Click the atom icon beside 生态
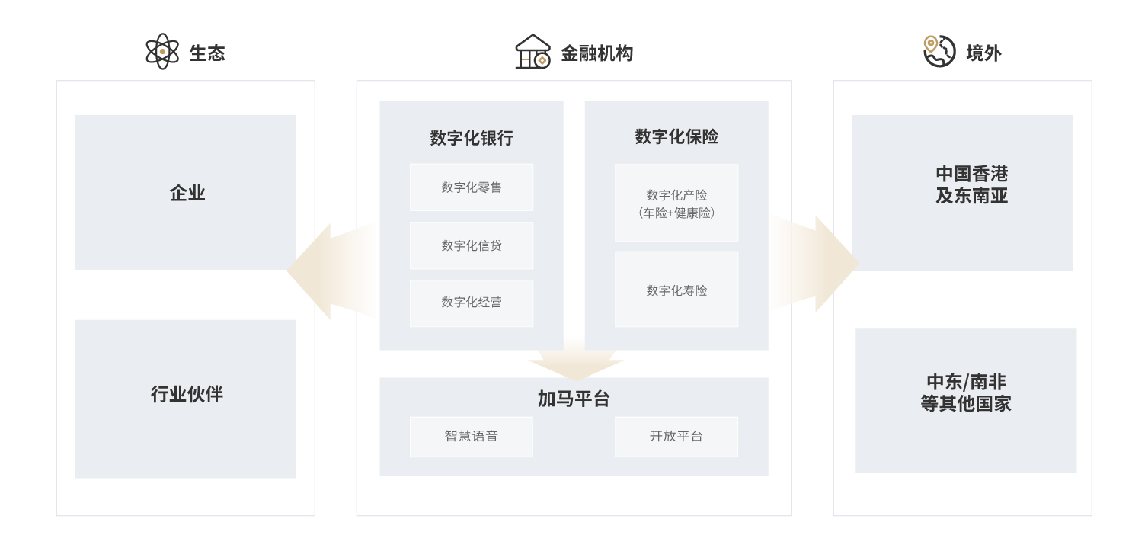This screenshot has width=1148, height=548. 162,51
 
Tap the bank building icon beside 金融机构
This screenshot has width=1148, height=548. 532,52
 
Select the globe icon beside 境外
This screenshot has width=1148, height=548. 939,51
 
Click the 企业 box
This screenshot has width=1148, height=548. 185,192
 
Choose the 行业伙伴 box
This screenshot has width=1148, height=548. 185,399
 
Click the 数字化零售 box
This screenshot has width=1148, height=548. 472,187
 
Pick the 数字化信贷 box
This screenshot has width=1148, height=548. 472,245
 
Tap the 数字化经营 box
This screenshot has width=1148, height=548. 472,303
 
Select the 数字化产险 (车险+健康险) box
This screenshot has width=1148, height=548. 676,203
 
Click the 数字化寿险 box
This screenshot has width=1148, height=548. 676,290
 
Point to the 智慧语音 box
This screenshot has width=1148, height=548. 472,437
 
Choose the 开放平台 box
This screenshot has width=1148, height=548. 676,437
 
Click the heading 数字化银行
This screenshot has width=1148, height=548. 472,138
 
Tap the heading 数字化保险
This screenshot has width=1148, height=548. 676,136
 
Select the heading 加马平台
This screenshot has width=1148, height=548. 574,399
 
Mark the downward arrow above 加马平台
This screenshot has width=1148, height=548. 575,364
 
